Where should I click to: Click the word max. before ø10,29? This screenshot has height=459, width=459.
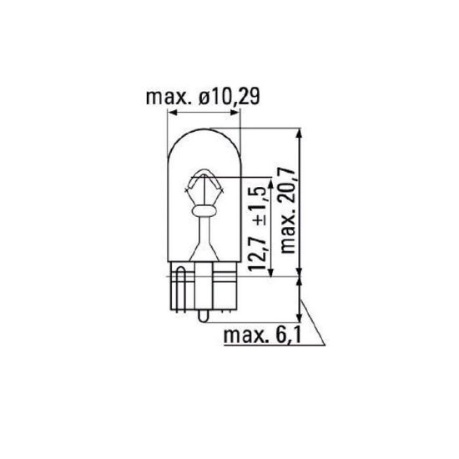tap(170, 98)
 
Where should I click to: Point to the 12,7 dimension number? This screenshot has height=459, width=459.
tap(258, 252)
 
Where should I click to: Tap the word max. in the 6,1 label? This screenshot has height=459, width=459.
tap(250, 335)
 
